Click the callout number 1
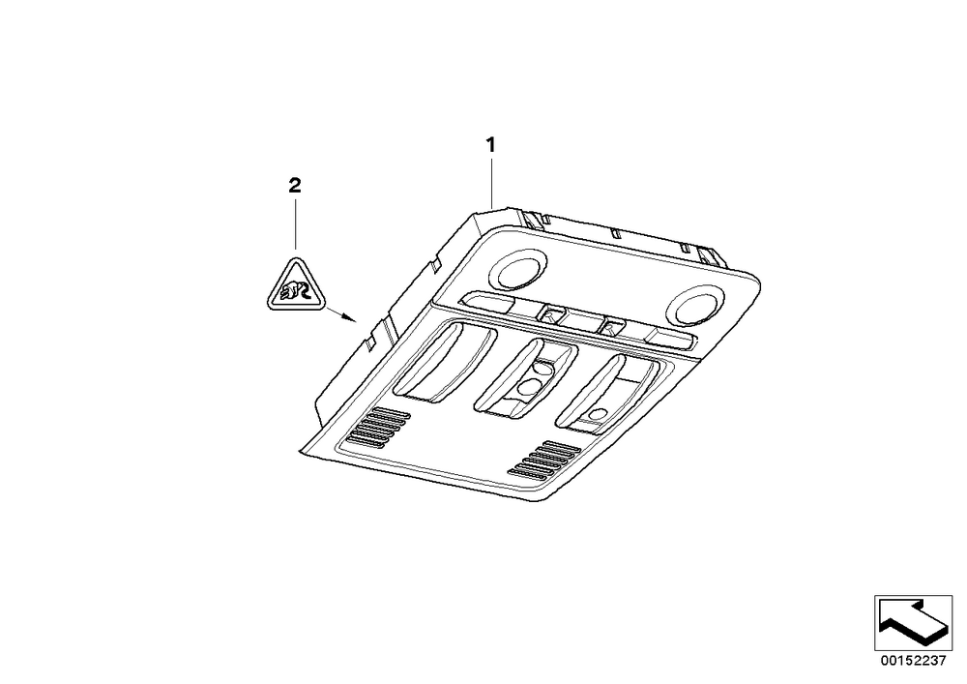click(490, 145)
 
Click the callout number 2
click(295, 185)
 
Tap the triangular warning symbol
click(295, 285)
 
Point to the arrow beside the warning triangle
click(341, 314)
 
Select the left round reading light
click(516, 271)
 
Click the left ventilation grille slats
click(379, 427)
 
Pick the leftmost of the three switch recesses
click(445, 363)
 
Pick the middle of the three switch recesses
click(525, 378)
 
